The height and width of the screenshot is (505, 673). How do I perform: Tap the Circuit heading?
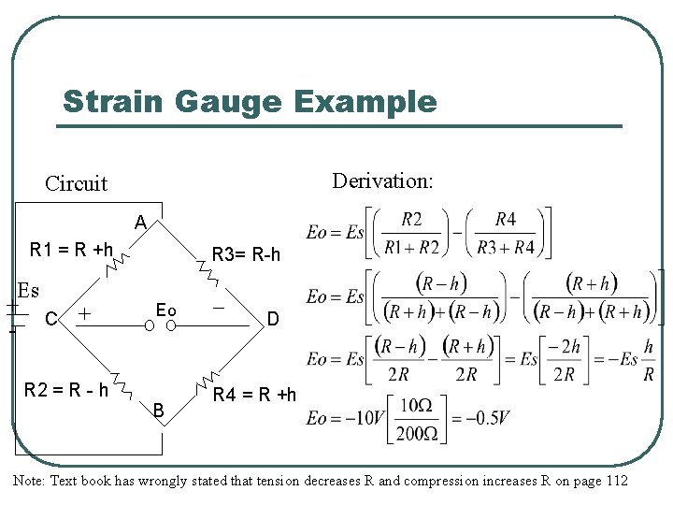[x=76, y=183]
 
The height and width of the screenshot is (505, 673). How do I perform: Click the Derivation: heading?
[x=382, y=180]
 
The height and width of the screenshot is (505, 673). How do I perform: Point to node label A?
[x=139, y=223]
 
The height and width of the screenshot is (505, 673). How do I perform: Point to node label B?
[x=159, y=410]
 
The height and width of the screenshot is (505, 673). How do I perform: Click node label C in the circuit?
[x=51, y=320]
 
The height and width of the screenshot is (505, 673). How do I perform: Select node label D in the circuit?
[x=273, y=320]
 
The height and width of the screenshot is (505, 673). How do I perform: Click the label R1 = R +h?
[x=71, y=250]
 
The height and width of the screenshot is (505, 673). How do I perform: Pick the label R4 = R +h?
[x=254, y=395]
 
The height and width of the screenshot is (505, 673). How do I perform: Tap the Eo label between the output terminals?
[x=166, y=309]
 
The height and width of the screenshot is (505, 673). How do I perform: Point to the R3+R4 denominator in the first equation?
[x=505, y=248]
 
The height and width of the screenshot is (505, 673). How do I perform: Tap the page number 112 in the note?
[x=614, y=481]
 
